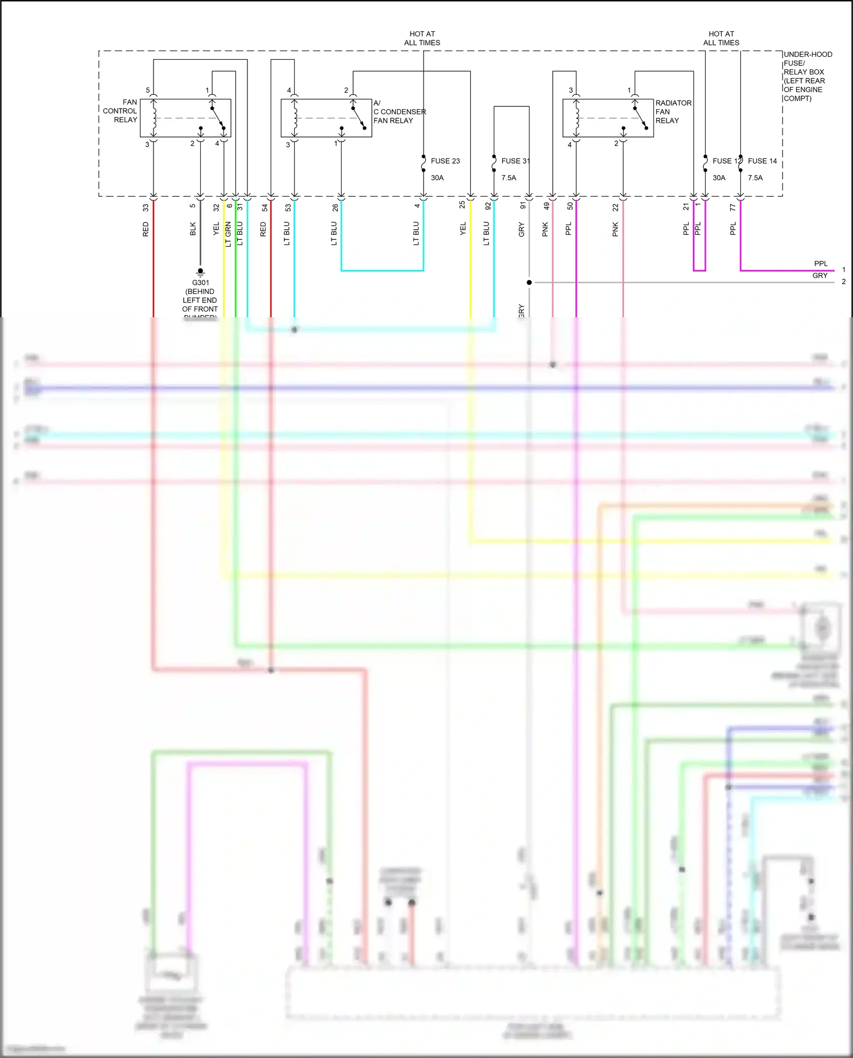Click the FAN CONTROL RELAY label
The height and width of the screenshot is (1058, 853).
121,111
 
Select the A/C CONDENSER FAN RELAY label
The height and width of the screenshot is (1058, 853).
399,112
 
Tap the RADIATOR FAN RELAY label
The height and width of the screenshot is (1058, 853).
673,111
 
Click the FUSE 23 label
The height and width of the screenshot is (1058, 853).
445,161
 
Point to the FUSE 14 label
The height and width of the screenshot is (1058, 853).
762,161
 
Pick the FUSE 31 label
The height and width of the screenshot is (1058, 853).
515,161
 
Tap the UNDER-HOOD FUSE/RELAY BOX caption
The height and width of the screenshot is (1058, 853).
807,76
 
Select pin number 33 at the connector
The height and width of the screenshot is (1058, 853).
146,208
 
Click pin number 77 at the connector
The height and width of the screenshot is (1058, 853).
732,208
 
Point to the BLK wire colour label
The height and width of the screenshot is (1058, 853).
193,229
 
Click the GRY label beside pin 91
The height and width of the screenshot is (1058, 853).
521,230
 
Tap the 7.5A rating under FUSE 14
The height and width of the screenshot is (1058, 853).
755,178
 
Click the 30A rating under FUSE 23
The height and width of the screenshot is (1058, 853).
437,178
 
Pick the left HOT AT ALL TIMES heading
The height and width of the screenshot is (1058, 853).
422,38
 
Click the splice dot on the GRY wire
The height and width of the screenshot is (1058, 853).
529,283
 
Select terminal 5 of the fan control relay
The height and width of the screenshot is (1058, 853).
148,90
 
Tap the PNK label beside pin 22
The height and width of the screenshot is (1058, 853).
615,230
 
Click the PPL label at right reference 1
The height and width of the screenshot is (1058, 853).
821,264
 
